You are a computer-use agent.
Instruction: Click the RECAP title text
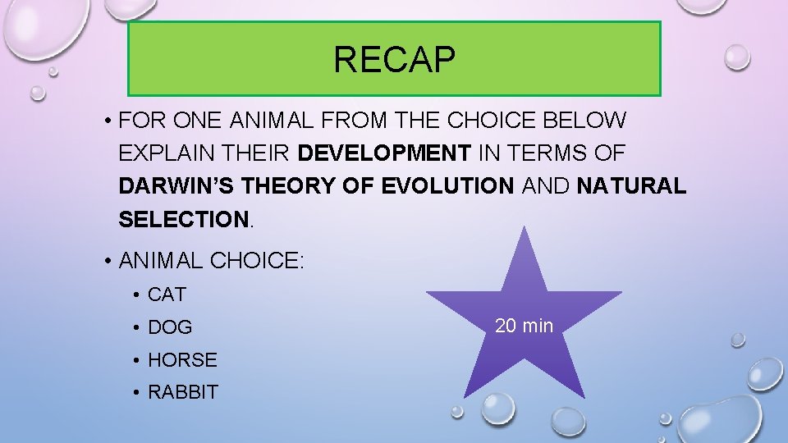(x=394, y=59)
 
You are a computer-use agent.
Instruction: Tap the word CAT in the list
(x=167, y=294)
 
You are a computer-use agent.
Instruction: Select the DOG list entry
(x=170, y=327)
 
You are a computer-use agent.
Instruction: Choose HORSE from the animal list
(x=182, y=359)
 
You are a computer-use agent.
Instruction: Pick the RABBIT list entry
(x=183, y=392)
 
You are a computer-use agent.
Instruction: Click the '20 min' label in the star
(x=524, y=326)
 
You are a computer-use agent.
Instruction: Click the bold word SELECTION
(x=182, y=219)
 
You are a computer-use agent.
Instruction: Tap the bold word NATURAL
(x=631, y=186)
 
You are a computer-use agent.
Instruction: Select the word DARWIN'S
(x=170, y=186)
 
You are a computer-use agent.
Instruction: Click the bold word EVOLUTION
(x=447, y=186)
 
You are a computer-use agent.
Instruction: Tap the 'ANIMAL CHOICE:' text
(x=212, y=261)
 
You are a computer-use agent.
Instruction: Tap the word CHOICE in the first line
(x=487, y=121)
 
